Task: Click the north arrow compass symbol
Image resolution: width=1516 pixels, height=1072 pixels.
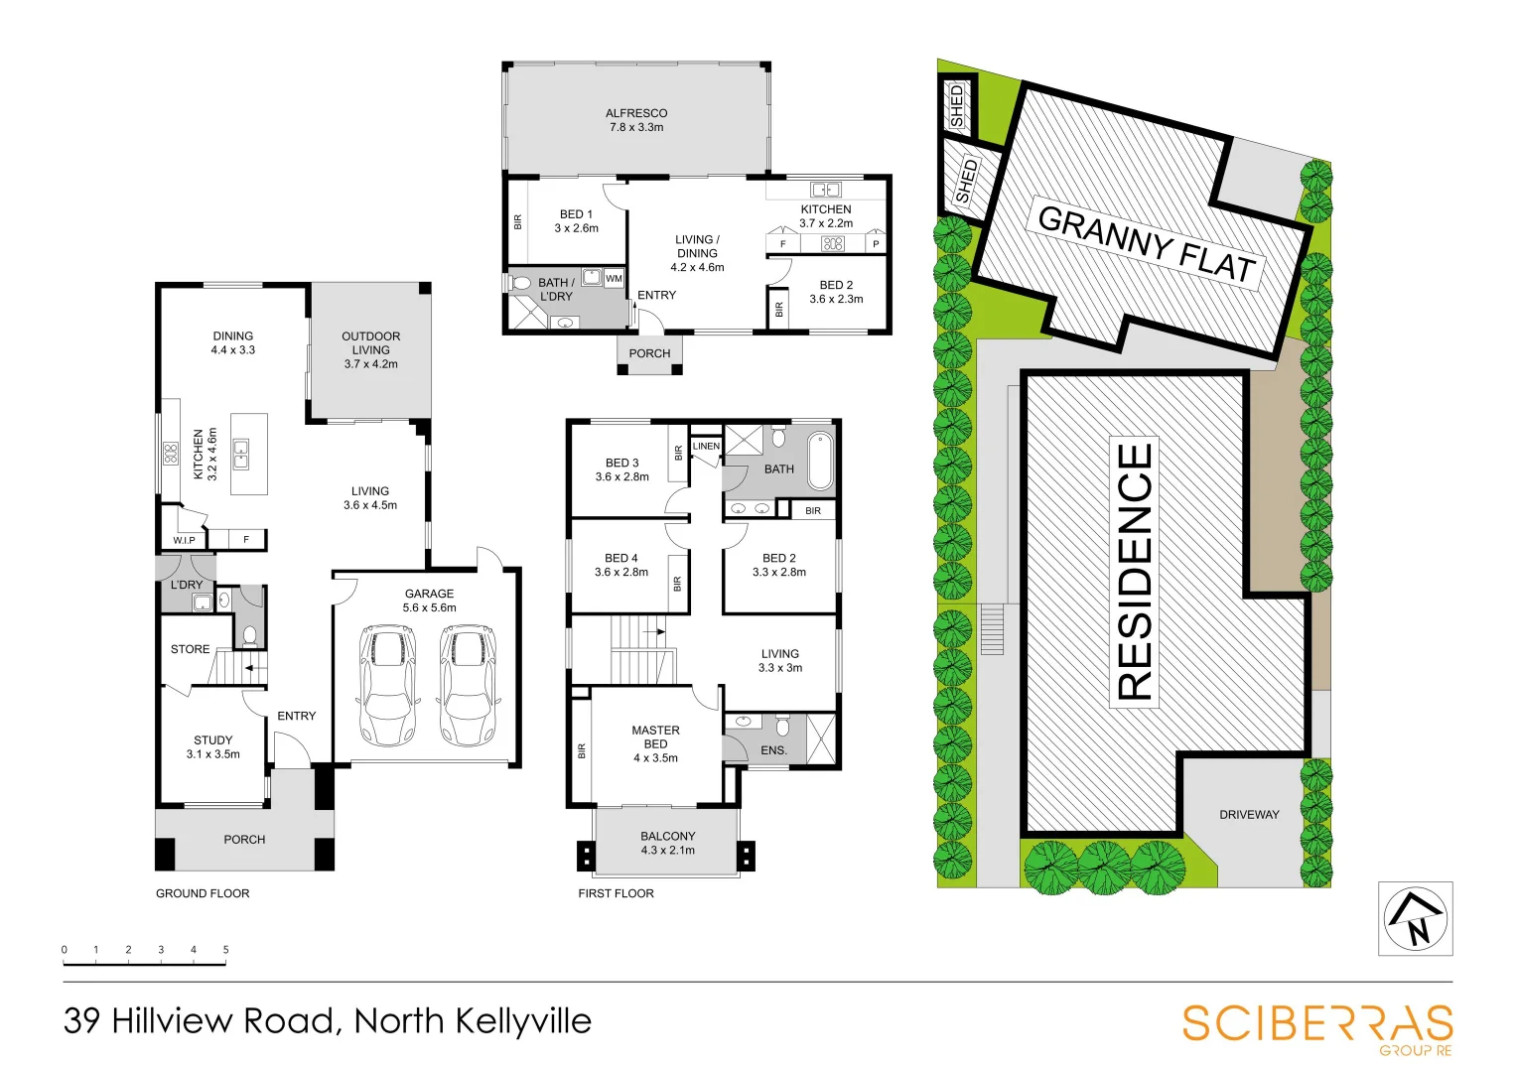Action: pos(1415,919)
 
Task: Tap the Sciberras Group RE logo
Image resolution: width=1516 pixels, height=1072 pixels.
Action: pos(1317,1026)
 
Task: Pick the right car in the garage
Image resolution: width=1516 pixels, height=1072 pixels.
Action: pos(469,685)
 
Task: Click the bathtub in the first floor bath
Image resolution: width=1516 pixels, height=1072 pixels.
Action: pos(820,461)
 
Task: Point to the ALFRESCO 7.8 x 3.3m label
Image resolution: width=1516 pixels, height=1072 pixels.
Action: pos(636,120)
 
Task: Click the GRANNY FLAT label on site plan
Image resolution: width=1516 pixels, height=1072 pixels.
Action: pos(1147,243)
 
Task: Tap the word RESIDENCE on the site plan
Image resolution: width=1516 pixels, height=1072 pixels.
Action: pos(1135,572)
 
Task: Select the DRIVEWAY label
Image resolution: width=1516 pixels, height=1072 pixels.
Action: pos(1249,815)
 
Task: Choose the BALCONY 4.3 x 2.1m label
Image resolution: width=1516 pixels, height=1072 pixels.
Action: pos(667,844)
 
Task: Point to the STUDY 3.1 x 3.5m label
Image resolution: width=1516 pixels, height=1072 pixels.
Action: pos(212,746)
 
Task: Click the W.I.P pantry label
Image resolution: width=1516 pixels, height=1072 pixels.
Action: pos(184,540)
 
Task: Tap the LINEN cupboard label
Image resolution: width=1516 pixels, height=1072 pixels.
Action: pos(706,447)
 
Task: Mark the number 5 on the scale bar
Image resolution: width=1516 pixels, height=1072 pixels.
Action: pos(225,950)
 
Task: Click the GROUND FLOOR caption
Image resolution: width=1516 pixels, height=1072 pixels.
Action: pos(203,893)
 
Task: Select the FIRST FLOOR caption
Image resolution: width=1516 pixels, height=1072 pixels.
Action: pos(616,893)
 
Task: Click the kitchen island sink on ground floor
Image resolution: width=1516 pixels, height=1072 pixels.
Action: pos(241,456)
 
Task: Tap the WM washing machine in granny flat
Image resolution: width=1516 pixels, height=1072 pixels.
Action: pos(614,279)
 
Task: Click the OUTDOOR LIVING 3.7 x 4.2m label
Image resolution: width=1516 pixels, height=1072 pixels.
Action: pos(370,350)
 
